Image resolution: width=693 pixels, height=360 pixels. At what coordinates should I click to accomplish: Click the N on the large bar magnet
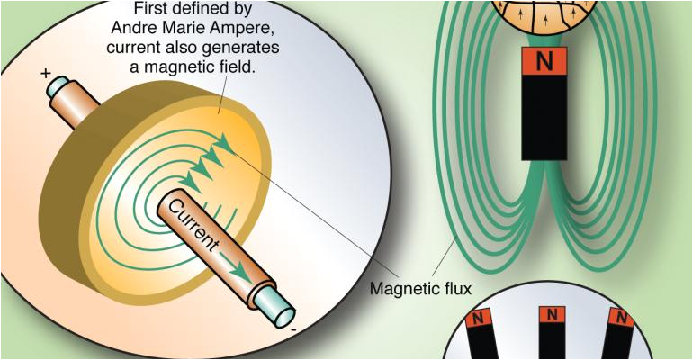pos(543,62)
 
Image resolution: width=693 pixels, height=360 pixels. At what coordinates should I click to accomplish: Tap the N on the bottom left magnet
pos(480,318)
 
